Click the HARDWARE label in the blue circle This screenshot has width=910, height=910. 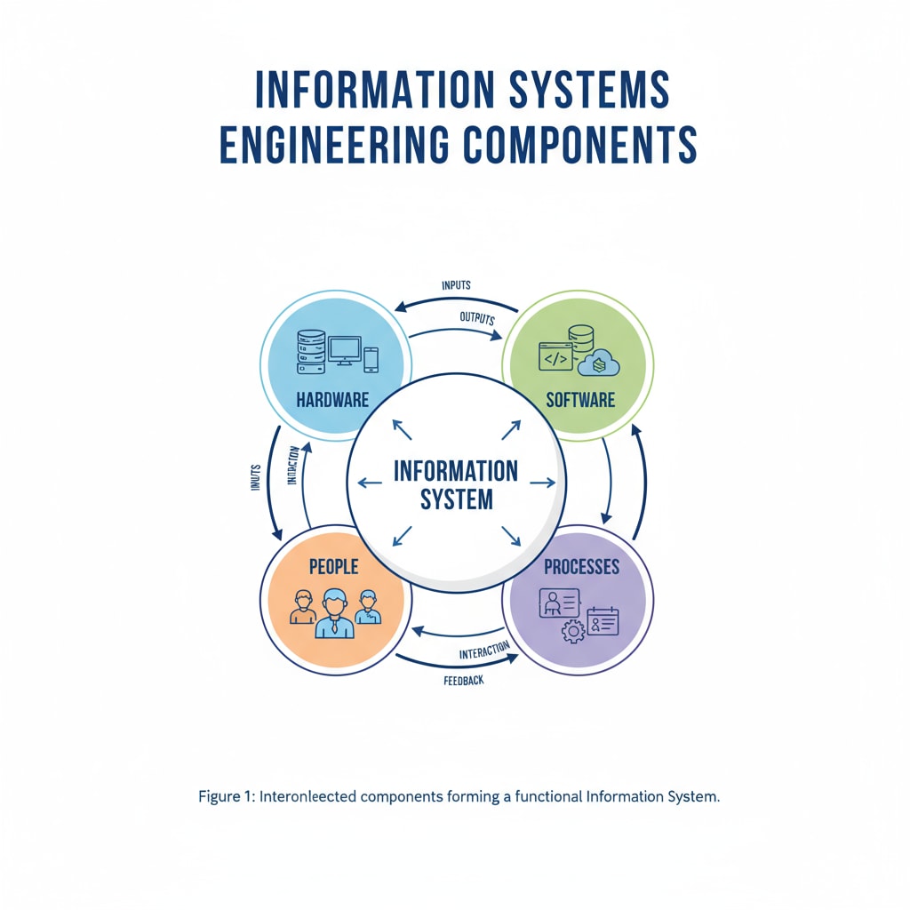pyautogui.click(x=332, y=399)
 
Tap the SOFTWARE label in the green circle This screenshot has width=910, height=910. pyautogui.click(x=580, y=399)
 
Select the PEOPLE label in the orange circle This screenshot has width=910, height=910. pyautogui.click(x=333, y=566)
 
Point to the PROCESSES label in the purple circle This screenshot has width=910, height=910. pyautogui.click(x=581, y=566)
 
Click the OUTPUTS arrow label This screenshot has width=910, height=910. pyautogui.click(x=477, y=317)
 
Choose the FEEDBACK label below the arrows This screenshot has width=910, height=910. pyautogui.click(x=463, y=682)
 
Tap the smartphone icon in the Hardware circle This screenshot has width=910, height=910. pyautogui.click(x=371, y=359)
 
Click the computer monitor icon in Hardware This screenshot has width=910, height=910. pyautogui.click(x=344, y=350)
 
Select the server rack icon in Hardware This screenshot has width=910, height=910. pyautogui.click(x=311, y=352)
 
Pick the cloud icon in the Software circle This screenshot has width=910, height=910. pyautogui.click(x=599, y=362)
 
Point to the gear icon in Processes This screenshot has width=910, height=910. pyautogui.click(x=574, y=632)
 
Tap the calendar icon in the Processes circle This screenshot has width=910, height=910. pyautogui.click(x=603, y=621)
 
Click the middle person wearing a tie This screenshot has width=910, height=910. pyautogui.click(x=334, y=613)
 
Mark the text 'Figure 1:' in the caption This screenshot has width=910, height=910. pyautogui.click(x=226, y=797)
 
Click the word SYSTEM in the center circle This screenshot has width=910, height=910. pyautogui.click(x=456, y=499)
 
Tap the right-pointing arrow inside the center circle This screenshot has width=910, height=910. pyautogui.click(x=542, y=483)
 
